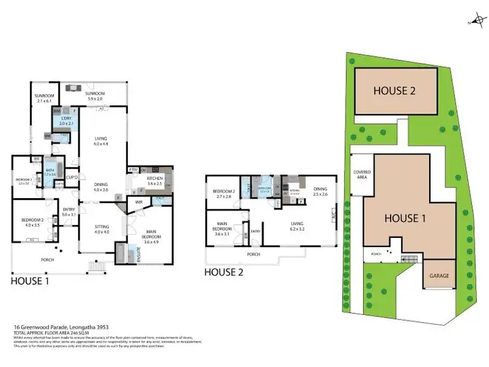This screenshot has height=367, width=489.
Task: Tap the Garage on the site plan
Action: pos(439,276)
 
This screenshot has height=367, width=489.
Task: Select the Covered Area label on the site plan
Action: pos(363,174)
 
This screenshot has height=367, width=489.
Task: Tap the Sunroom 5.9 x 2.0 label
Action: pos(100,96)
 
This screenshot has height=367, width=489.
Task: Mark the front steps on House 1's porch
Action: pos(96,266)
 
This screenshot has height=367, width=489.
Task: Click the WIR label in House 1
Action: pos(139,203)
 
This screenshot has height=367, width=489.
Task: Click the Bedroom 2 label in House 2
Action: pos(223,193)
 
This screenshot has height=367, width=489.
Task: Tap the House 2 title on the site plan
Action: pos(394,91)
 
